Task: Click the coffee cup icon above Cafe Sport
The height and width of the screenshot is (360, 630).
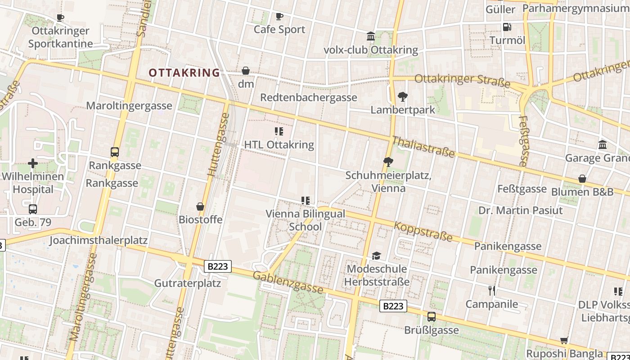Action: coord(279,17)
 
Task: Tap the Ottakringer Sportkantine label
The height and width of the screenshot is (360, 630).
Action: coord(60,37)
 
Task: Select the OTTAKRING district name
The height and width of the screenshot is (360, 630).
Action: coord(184,72)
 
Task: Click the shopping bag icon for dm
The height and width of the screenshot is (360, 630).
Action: coord(246,71)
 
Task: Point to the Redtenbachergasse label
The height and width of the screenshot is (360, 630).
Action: coord(308,98)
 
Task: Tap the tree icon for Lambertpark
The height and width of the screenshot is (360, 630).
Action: coord(403,96)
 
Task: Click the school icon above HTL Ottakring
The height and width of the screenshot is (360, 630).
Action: coord(279,131)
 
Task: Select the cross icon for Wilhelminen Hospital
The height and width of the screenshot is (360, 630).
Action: coord(32,163)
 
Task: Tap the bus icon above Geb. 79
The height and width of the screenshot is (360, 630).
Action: coord(32,209)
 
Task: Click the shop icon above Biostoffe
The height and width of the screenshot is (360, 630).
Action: coord(200,207)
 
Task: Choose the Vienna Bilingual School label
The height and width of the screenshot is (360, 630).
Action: coord(305,220)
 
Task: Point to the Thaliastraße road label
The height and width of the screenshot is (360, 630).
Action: coord(423,147)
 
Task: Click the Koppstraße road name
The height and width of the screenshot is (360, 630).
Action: coord(423,231)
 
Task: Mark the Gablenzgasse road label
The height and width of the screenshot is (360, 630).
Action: coord(288,283)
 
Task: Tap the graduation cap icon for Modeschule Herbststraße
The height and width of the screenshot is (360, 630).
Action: coord(376,256)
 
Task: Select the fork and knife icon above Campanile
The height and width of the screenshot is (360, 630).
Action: coord(492,291)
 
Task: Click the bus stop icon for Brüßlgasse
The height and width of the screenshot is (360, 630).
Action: coord(431,317)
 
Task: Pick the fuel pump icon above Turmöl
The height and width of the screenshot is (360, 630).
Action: coord(507,27)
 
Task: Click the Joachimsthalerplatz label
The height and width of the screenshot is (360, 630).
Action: coord(98,240)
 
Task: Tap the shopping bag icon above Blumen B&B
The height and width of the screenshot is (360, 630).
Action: coord(582,179)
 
